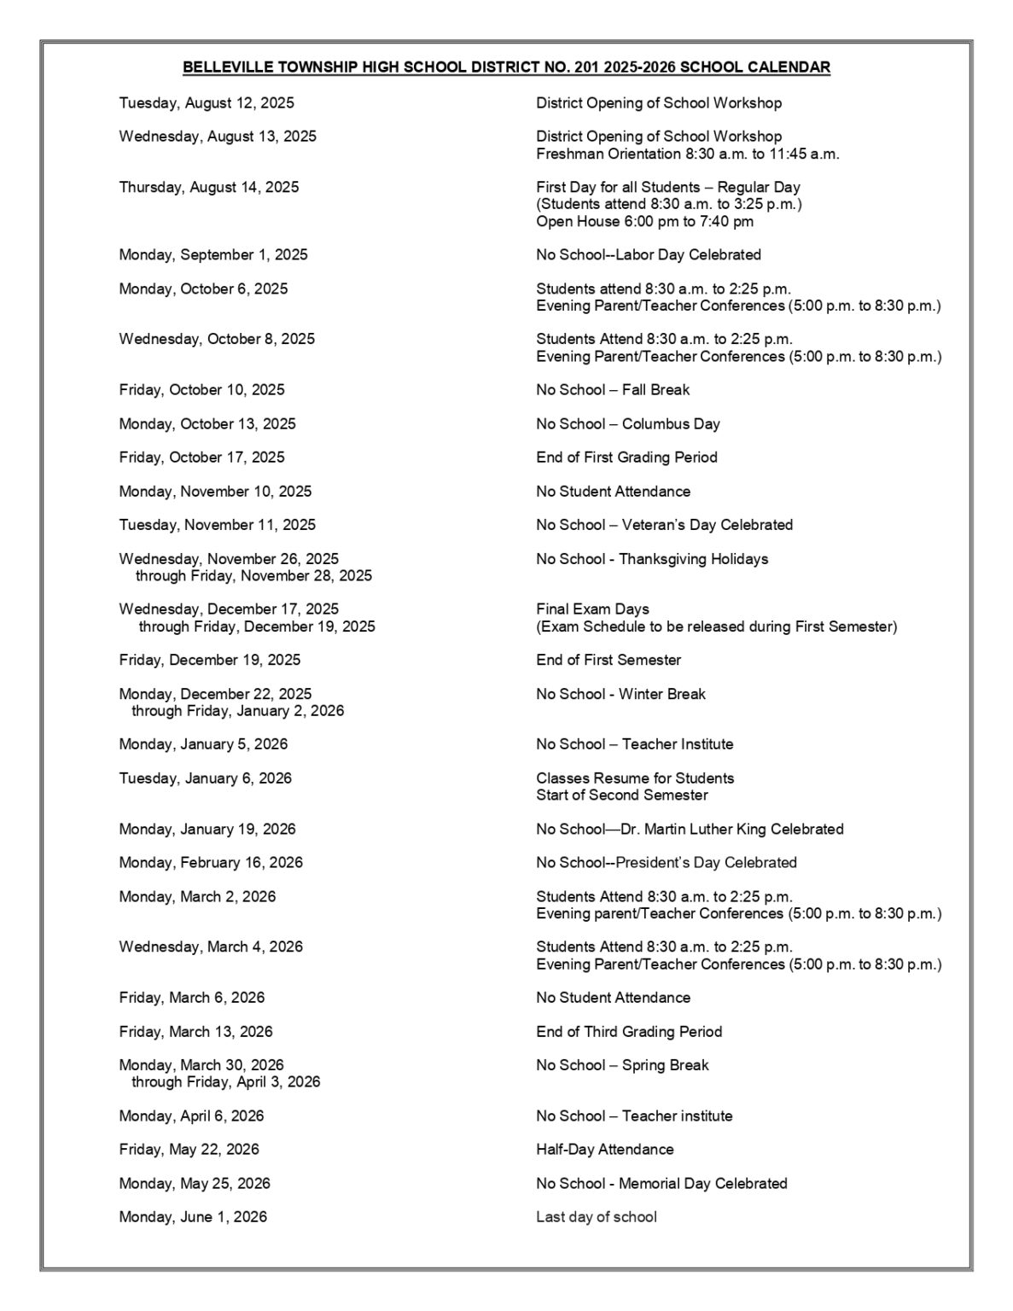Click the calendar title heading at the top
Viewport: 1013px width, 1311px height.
pyautogui.click(x=506, y=67)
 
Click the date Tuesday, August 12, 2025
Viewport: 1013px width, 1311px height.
pyautogui.click(x=207, y=103)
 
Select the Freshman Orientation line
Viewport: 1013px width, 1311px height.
pyautogui.click(x=687, y=154)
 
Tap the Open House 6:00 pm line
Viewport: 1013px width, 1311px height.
pyautogui.click(x=644, y=221)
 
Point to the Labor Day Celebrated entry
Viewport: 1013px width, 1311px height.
pyautogui.click(x=648, y=254)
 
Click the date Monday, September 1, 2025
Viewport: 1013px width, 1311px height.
pyautogui.click(x=213, y=254)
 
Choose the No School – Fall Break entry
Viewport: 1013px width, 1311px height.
pyautogui.click(x=612, y=389)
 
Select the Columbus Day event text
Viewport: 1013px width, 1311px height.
pyautogui.click(x=627, y=423)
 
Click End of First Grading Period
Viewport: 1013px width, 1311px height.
pyautogui.click(x=626, y=457)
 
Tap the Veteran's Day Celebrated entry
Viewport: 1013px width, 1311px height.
pyautogui.click(x=664, y=525)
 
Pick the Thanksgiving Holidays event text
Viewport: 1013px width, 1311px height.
pyautogui.click(x=651, y=559)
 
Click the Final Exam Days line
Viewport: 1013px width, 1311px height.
pyautogui.click(x=592, y=609)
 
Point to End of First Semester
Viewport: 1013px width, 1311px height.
pyautogui.click(x=608, y=660)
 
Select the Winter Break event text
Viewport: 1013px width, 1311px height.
pyautogui.click(x=620, y=694)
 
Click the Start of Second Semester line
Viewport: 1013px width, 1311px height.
pyautogui.click(x=621, y=795)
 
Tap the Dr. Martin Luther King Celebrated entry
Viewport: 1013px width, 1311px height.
pyautogui.click(x=689, y=829)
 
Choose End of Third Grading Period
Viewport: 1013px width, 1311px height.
pyautogui.click(x=628, y=1031)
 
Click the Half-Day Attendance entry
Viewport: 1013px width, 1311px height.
pyautogui.click(x=604, y=1149)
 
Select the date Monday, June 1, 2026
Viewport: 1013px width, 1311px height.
pyautogui.click(x=193, y=1216)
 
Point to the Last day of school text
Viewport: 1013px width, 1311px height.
pyautogui.click(x=596, y=1216)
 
